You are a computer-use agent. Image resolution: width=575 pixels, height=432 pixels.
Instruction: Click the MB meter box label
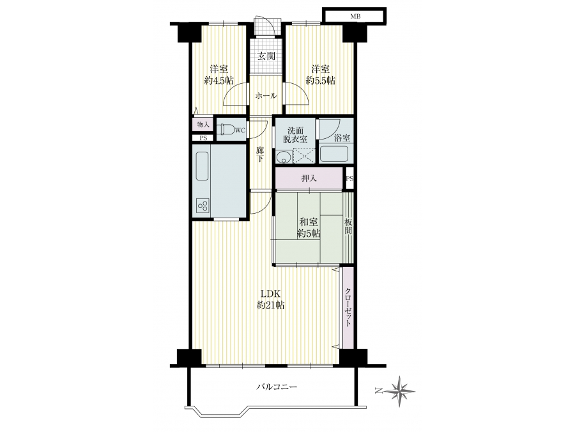click(x=355, y=17)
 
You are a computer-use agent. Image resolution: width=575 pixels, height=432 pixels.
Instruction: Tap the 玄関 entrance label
click(x=266, y=56)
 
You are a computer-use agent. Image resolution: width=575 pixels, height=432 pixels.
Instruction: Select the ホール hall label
click(x=266, y=96)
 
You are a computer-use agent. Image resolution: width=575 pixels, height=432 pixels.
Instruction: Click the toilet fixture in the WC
click(x=226, y=130)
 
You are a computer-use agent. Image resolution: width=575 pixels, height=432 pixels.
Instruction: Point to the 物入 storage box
click(x=203, y=125)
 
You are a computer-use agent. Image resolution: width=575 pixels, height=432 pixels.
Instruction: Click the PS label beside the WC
click(x=203, y=138)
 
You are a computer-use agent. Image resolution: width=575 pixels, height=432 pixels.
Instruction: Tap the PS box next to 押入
click(x=349, y=179)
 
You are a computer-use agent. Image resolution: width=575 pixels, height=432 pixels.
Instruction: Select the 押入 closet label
click(x=309, y=179)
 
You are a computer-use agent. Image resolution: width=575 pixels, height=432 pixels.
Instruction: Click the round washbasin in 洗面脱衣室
click(x=283, y=157)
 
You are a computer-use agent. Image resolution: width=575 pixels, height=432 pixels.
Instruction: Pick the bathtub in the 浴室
click(x=333, y=154)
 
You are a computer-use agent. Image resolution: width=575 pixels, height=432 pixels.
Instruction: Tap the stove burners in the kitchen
click(x=203, y=205)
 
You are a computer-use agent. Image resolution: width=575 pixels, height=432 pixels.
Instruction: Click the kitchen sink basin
click(x=202, y=166)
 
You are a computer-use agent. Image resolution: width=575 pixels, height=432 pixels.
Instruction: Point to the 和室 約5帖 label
click(x=309, y=228)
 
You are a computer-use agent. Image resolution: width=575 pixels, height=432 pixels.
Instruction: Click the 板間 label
click(x=348, y=227)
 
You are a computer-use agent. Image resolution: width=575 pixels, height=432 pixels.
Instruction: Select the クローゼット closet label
click(x=348, y=307)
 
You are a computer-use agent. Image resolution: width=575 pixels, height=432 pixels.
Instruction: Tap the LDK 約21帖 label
click(x=271, y=300)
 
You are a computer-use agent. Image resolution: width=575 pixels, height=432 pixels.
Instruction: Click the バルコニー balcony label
click(x=277, y=387)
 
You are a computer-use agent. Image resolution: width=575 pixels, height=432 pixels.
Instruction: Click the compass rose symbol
click(x=401, y=390)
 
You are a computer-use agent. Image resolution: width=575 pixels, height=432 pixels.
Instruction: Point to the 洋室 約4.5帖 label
click(x=219, y=75)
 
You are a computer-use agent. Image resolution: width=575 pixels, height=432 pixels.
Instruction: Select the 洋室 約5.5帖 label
click(x=321, y=75)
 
